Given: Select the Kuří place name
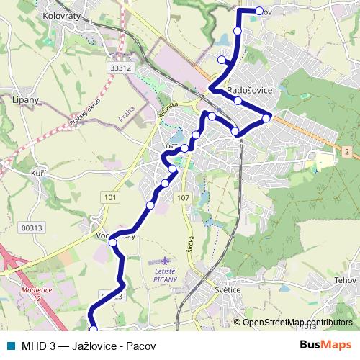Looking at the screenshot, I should click(38, 174).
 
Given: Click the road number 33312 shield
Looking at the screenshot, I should click(121, 68).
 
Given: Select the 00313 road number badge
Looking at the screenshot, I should click(32, 228).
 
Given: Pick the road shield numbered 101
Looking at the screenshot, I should click(109, 197).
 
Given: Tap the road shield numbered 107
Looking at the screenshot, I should click(183, 198).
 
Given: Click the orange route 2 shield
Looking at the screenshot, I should click(346, 151).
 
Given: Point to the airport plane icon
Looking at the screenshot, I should click(166, 259).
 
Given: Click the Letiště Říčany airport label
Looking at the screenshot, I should click(166, 275).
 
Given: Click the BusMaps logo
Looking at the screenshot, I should click(325, 345).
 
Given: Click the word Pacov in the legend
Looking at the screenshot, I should click(140, 345).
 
